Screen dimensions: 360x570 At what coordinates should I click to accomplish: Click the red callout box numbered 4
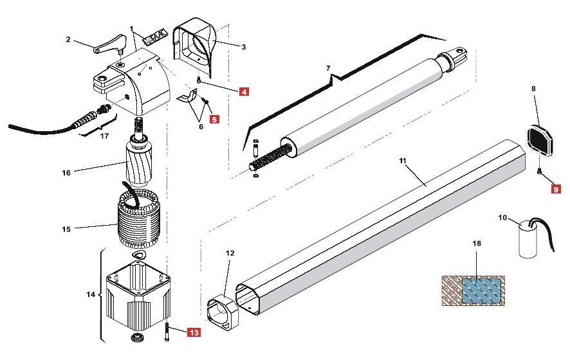pos(244,92)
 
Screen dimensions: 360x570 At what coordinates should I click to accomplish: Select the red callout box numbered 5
pos(214,119)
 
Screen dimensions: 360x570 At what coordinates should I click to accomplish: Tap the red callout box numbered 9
pos(556,189)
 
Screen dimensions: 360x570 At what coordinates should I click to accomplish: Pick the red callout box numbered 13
pos(194,332)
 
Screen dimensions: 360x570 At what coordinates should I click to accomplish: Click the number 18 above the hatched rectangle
pos(477,244)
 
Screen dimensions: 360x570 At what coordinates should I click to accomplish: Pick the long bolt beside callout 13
pos(167,333)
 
